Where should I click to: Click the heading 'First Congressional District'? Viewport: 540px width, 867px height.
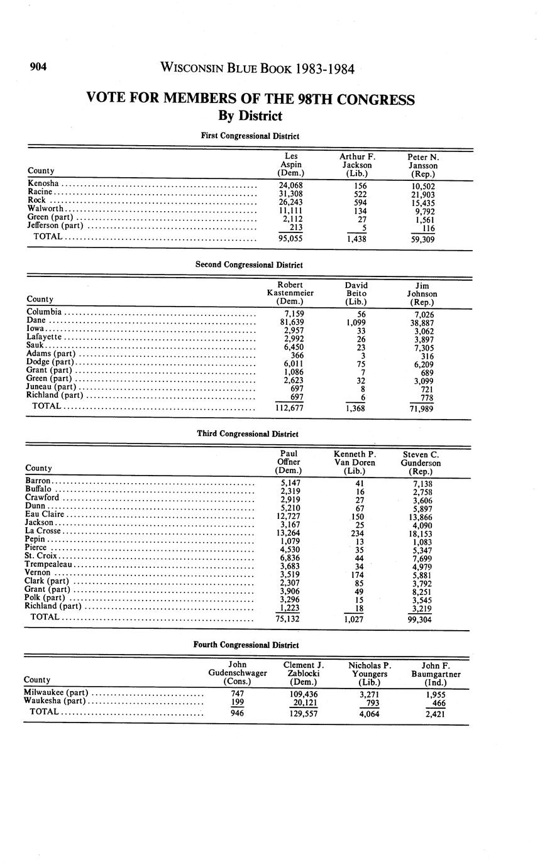(250, 136)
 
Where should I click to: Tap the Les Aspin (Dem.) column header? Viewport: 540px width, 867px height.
(290, 164)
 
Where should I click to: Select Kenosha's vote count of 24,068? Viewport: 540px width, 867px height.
(290, 186)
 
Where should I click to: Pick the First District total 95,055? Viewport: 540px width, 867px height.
(290, 239)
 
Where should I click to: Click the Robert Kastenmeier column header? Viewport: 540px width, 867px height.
(290, 293)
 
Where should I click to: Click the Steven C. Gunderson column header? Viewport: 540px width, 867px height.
(421, 462)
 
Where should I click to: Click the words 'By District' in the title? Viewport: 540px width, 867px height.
(250, 116)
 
